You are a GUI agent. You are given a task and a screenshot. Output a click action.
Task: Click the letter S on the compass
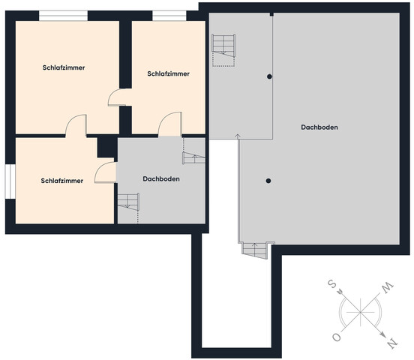point(332,284)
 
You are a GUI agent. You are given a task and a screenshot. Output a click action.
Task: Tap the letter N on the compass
point(391,343)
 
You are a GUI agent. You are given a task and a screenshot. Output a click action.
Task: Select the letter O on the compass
point(337,337)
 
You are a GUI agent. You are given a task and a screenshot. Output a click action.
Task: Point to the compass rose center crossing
point(361,312)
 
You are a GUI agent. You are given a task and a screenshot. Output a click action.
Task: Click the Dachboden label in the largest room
point(319,127)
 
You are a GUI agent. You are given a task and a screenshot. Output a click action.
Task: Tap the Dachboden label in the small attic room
point(161,178)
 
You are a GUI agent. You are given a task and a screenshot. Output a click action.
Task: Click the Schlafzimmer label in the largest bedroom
point(64,67)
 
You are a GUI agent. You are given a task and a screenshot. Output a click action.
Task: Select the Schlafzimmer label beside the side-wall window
point(62,181)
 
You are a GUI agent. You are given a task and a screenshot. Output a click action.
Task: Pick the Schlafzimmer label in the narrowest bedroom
point(169,73)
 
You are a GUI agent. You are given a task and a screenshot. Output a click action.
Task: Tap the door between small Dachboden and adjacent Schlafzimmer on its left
point(106,172)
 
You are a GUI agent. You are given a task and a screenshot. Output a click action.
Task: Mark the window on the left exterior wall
point(10,181)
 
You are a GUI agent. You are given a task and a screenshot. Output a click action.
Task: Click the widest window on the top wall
point(63,16)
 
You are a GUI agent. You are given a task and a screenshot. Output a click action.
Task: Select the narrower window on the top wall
point(169,16)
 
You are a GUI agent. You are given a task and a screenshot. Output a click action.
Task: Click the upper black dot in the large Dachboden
point(269,76)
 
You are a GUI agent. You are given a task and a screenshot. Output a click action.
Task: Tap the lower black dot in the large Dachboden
point(268,181)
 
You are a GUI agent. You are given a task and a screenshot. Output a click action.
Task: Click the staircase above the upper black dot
point(223,50)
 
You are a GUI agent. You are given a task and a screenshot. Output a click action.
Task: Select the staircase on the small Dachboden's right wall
point(193,158)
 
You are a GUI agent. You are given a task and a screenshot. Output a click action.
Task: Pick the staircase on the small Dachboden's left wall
point(128,202)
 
